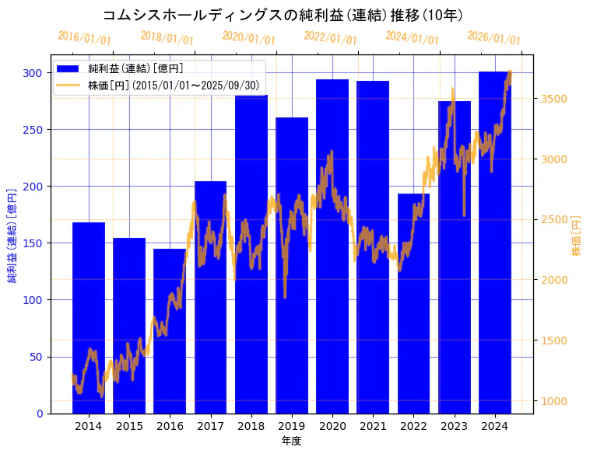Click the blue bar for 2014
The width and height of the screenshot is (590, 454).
tap(89, 318)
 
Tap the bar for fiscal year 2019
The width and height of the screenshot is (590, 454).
tap(292, 265)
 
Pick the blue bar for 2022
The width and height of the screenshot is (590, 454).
tap(413, 303)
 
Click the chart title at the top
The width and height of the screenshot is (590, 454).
tap(283, 16)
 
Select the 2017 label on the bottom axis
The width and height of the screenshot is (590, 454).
tap(210, 426)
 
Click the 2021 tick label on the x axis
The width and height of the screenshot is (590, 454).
tap(373, 426)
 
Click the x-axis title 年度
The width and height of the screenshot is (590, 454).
tap(291, 441)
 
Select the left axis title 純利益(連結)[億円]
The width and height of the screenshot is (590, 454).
tap(12, 236)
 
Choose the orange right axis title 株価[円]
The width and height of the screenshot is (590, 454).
tap(577, 236)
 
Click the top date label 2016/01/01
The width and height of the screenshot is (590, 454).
tap(84, 37)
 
